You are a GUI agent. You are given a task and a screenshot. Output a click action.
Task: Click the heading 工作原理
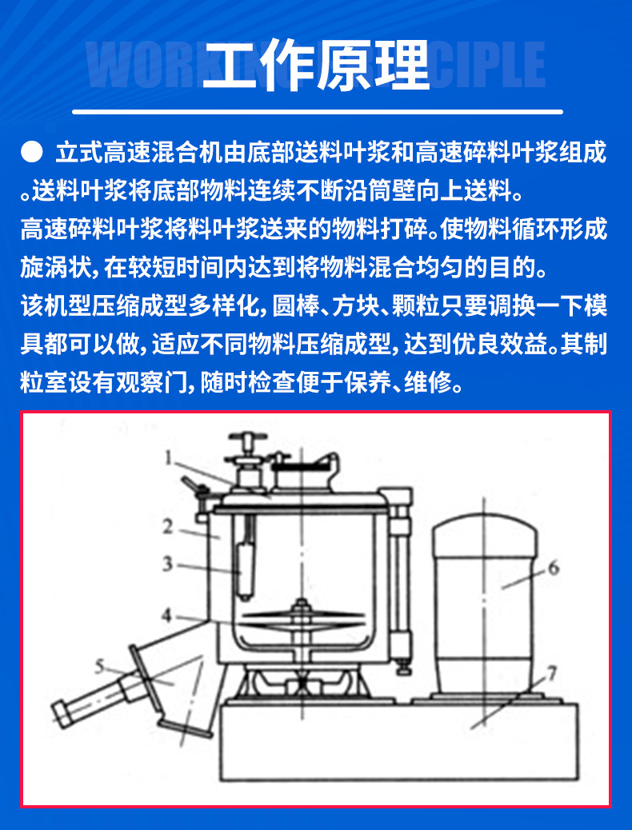click(316, 63)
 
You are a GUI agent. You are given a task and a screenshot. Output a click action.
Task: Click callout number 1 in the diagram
click(170, 458)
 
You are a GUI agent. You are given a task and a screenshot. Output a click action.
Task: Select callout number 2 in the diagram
click(168, 527)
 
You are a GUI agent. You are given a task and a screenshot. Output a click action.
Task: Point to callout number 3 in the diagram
click(167, 565)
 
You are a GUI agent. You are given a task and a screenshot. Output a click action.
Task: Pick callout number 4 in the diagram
click(166, 616)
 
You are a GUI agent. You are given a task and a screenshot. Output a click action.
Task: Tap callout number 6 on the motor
click(554, 569)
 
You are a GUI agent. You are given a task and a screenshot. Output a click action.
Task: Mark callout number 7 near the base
click(554, 672)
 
